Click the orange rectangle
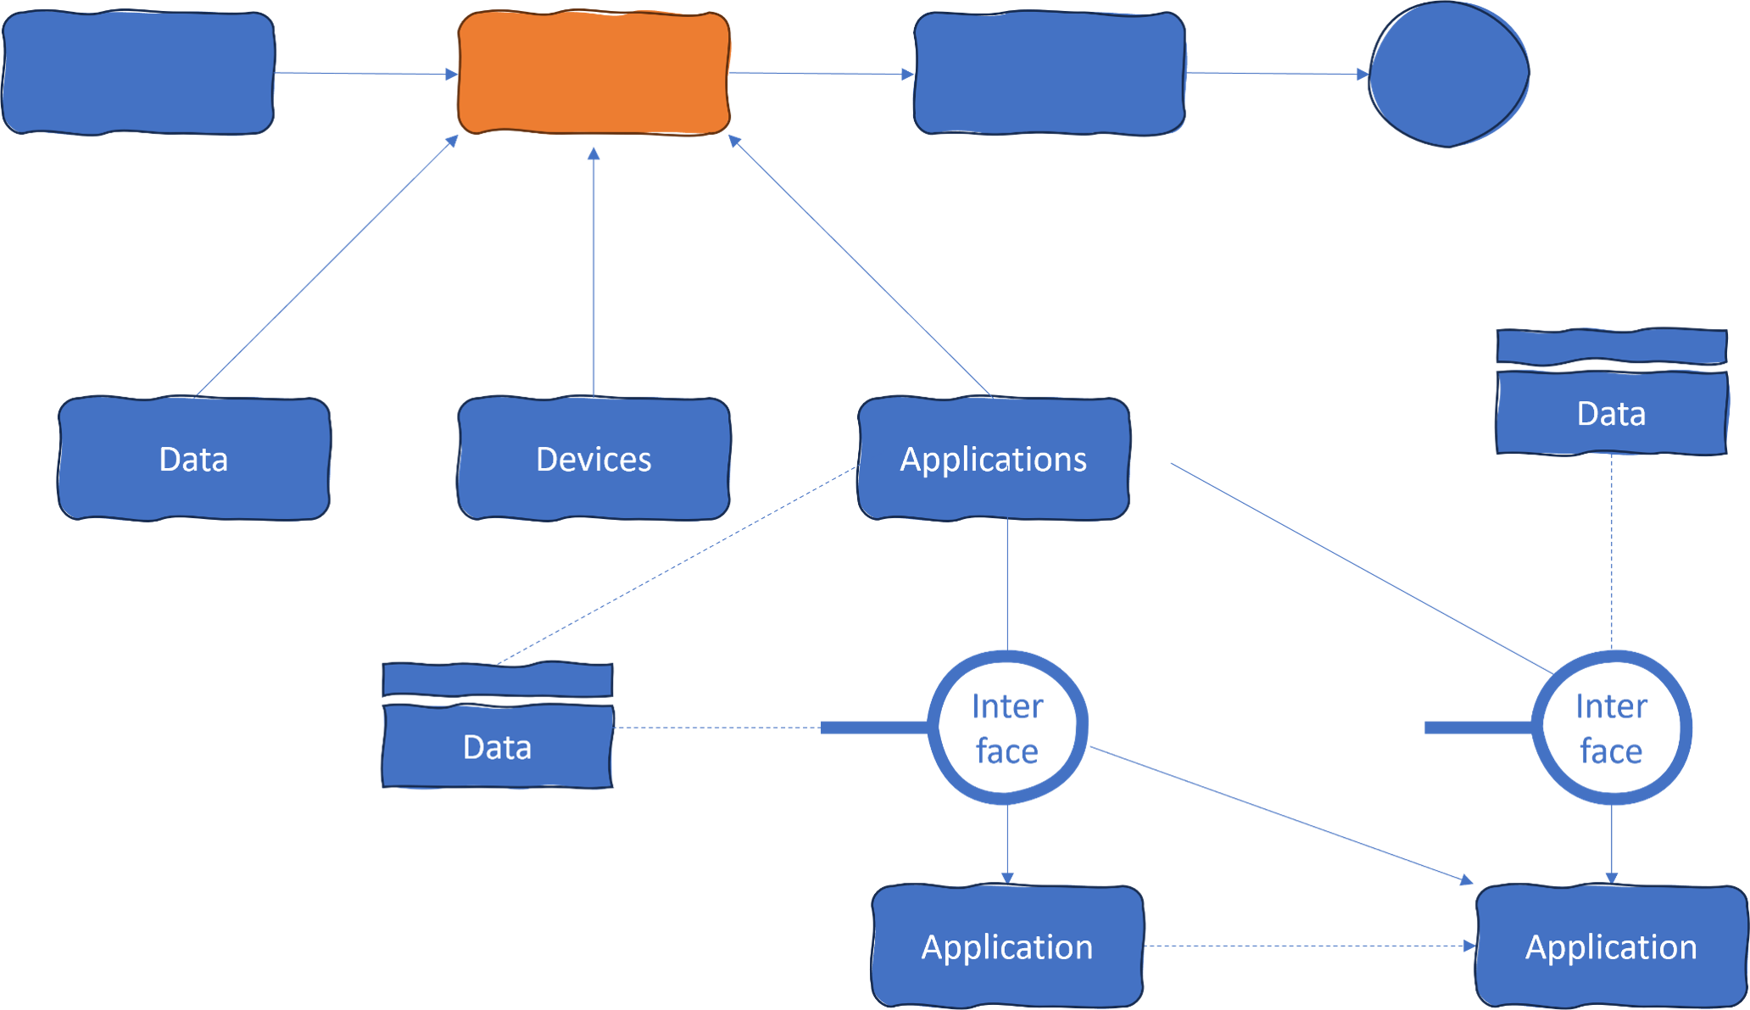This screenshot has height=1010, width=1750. point(594,73)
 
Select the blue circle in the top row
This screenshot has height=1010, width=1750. point(1449,74)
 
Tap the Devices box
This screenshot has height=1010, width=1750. point(594,459)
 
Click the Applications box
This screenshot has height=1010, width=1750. point(993,459)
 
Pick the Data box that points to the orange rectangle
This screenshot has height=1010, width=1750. point(193,459)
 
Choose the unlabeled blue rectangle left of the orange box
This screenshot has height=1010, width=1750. point(138,73)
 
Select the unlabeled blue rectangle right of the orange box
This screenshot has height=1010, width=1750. point(1049,73)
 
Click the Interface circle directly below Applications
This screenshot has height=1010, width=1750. point(1006,728)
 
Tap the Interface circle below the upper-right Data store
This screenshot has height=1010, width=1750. point(1611,728)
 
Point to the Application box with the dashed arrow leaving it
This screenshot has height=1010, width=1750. point(1007,946)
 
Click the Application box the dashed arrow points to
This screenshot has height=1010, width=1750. point(1611,946)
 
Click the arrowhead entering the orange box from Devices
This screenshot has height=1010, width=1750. point(594,153)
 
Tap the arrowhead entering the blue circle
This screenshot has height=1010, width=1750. point(1363,75)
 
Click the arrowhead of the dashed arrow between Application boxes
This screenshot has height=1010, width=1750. point(1469,946)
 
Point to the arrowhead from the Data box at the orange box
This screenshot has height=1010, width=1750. point(453,141)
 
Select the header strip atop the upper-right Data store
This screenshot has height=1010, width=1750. point(1611,347)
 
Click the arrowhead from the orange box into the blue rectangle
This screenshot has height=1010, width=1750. point(907,75)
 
